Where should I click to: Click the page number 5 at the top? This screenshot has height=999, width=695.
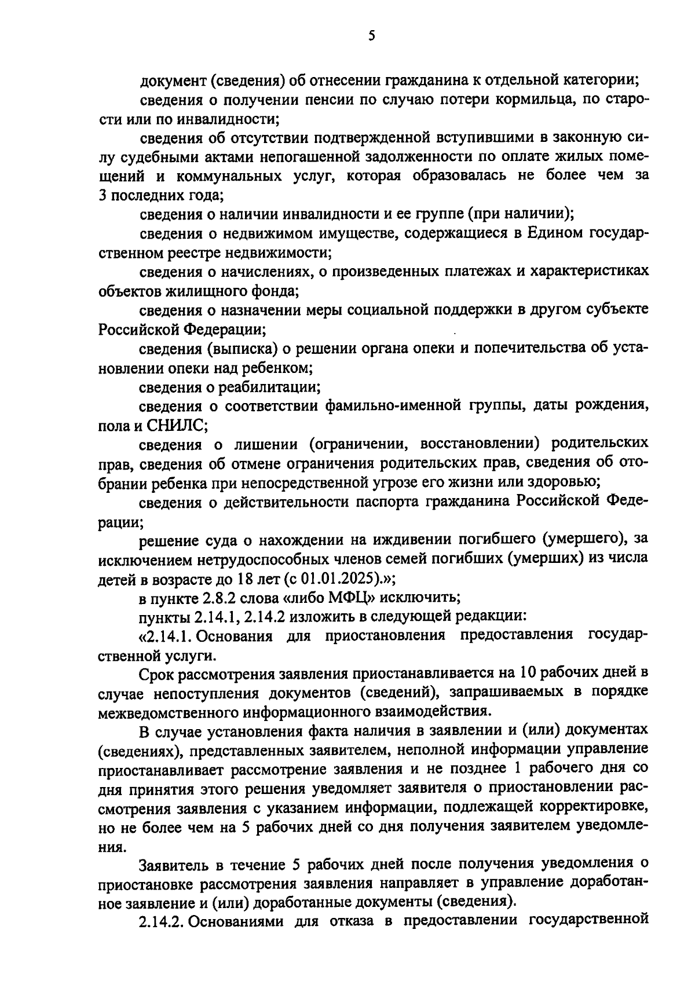(x=371, y=36)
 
